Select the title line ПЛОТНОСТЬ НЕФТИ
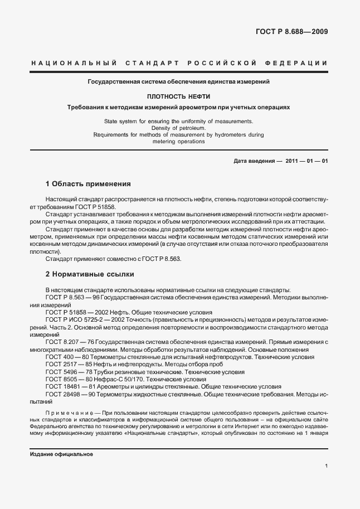(x=178, y=96)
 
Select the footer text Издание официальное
(x=61, y=454)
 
